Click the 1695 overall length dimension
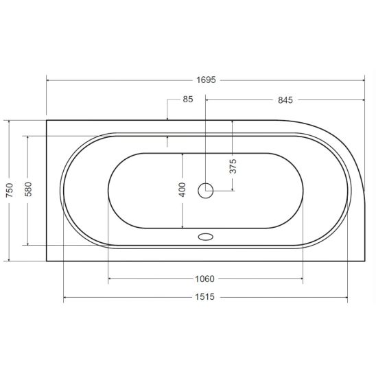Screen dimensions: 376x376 click(206, 80)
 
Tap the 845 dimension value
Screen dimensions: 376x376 click(285, 100)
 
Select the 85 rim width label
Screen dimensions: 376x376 click(188, 99)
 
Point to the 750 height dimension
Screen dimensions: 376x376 click(10, 190)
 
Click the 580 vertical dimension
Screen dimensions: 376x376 click(28, 189)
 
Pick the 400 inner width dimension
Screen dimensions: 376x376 click(183, 189)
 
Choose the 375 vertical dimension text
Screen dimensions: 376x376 click(233, 166)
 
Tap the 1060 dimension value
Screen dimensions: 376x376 click(204, 279)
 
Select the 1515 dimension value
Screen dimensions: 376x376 click(204, 297)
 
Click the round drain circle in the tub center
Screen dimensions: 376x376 click(206, 191)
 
